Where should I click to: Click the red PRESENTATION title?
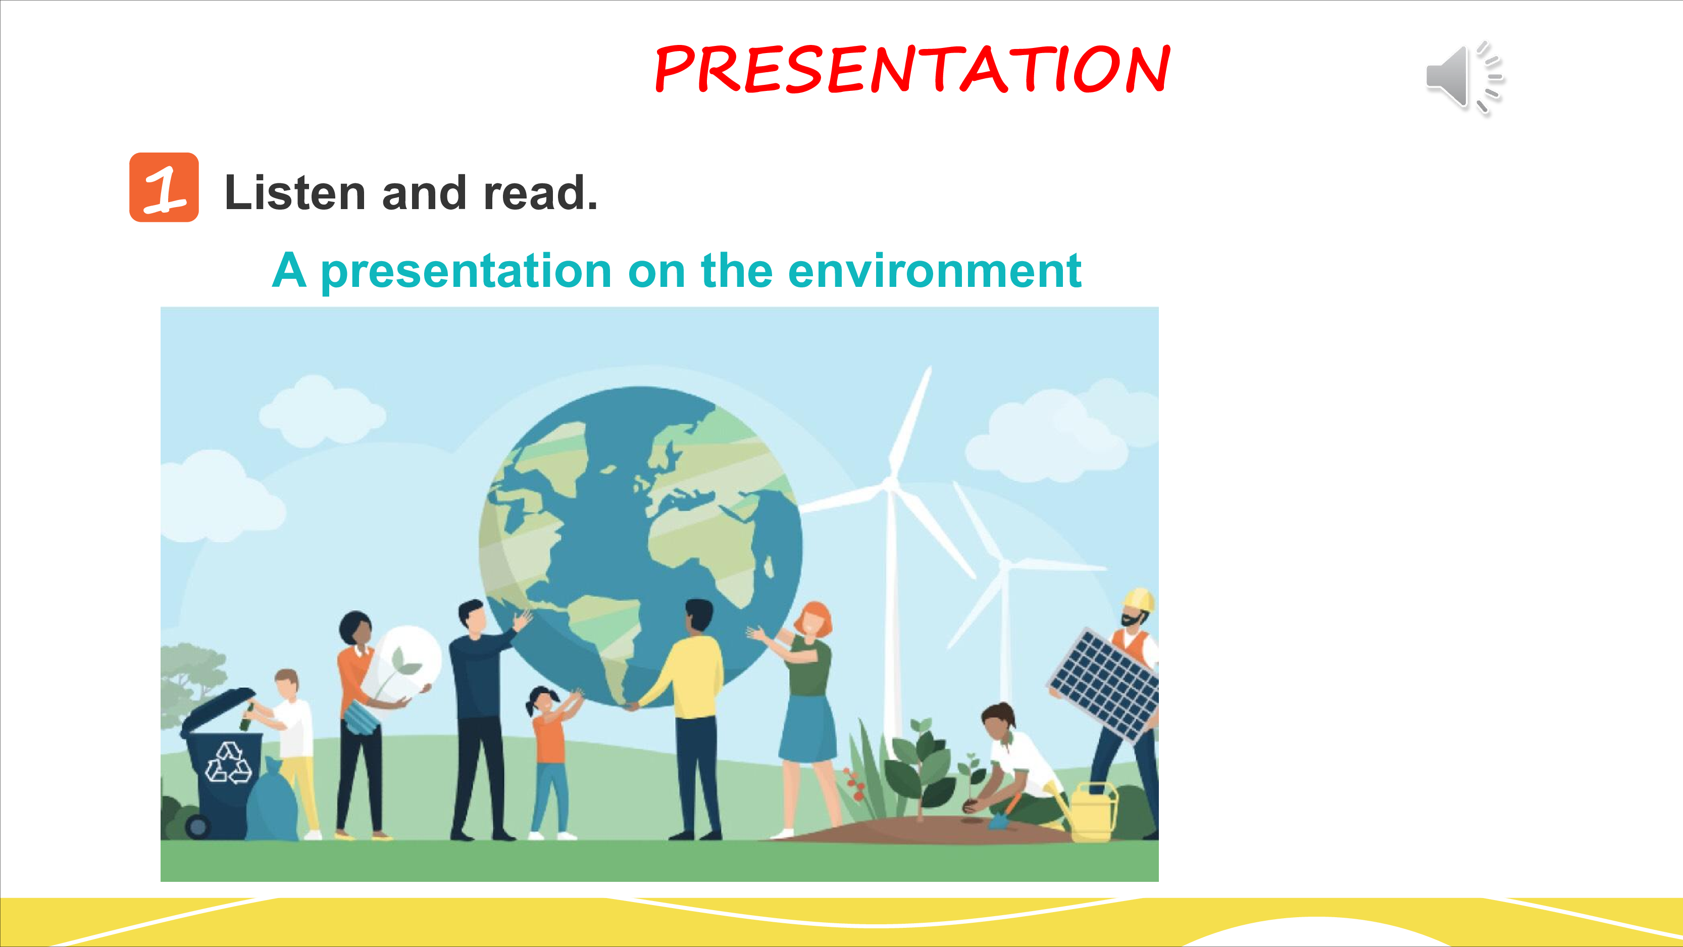[x=913, y=69]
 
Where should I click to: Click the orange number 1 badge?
[x=164, y=187]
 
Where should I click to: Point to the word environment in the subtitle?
[x=935, y=271]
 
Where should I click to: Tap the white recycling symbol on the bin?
[x=228, y=763]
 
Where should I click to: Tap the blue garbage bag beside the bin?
[x=272, y=800]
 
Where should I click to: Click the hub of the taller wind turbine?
[x=889, y=484]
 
